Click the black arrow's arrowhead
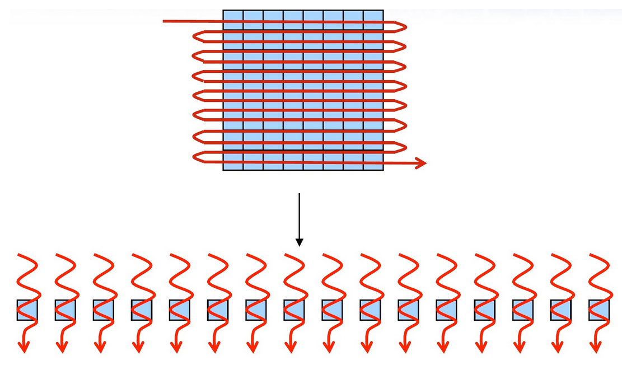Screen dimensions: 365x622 pyautogui.click(x=300, y=242)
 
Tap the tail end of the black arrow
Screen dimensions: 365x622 pyautogui.click(x=300, y=194)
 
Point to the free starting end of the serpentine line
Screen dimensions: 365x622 pyautogui.click(x=164, y=22)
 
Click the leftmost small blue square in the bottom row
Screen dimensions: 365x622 pyautogui.click(x=27, y=310)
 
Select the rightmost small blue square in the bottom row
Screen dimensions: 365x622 pyautogui.click(x=598, y=310)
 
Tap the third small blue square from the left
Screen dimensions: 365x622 pyautogui.click(x=103, y=310)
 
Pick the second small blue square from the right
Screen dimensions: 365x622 pyautogui.click(x=560, y=310)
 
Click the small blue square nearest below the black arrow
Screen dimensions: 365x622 pyautogui.click(x=294, y=310)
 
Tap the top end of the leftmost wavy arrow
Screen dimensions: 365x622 pyautogui.click(x=20, y=255)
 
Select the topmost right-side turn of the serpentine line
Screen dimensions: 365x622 pyautogui.click(x=403, y=26)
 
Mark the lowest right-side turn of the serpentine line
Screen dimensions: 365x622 pyautogui.click(x=403, y=147)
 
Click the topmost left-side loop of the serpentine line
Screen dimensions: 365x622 pyautogui.click(x=195, y=36)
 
